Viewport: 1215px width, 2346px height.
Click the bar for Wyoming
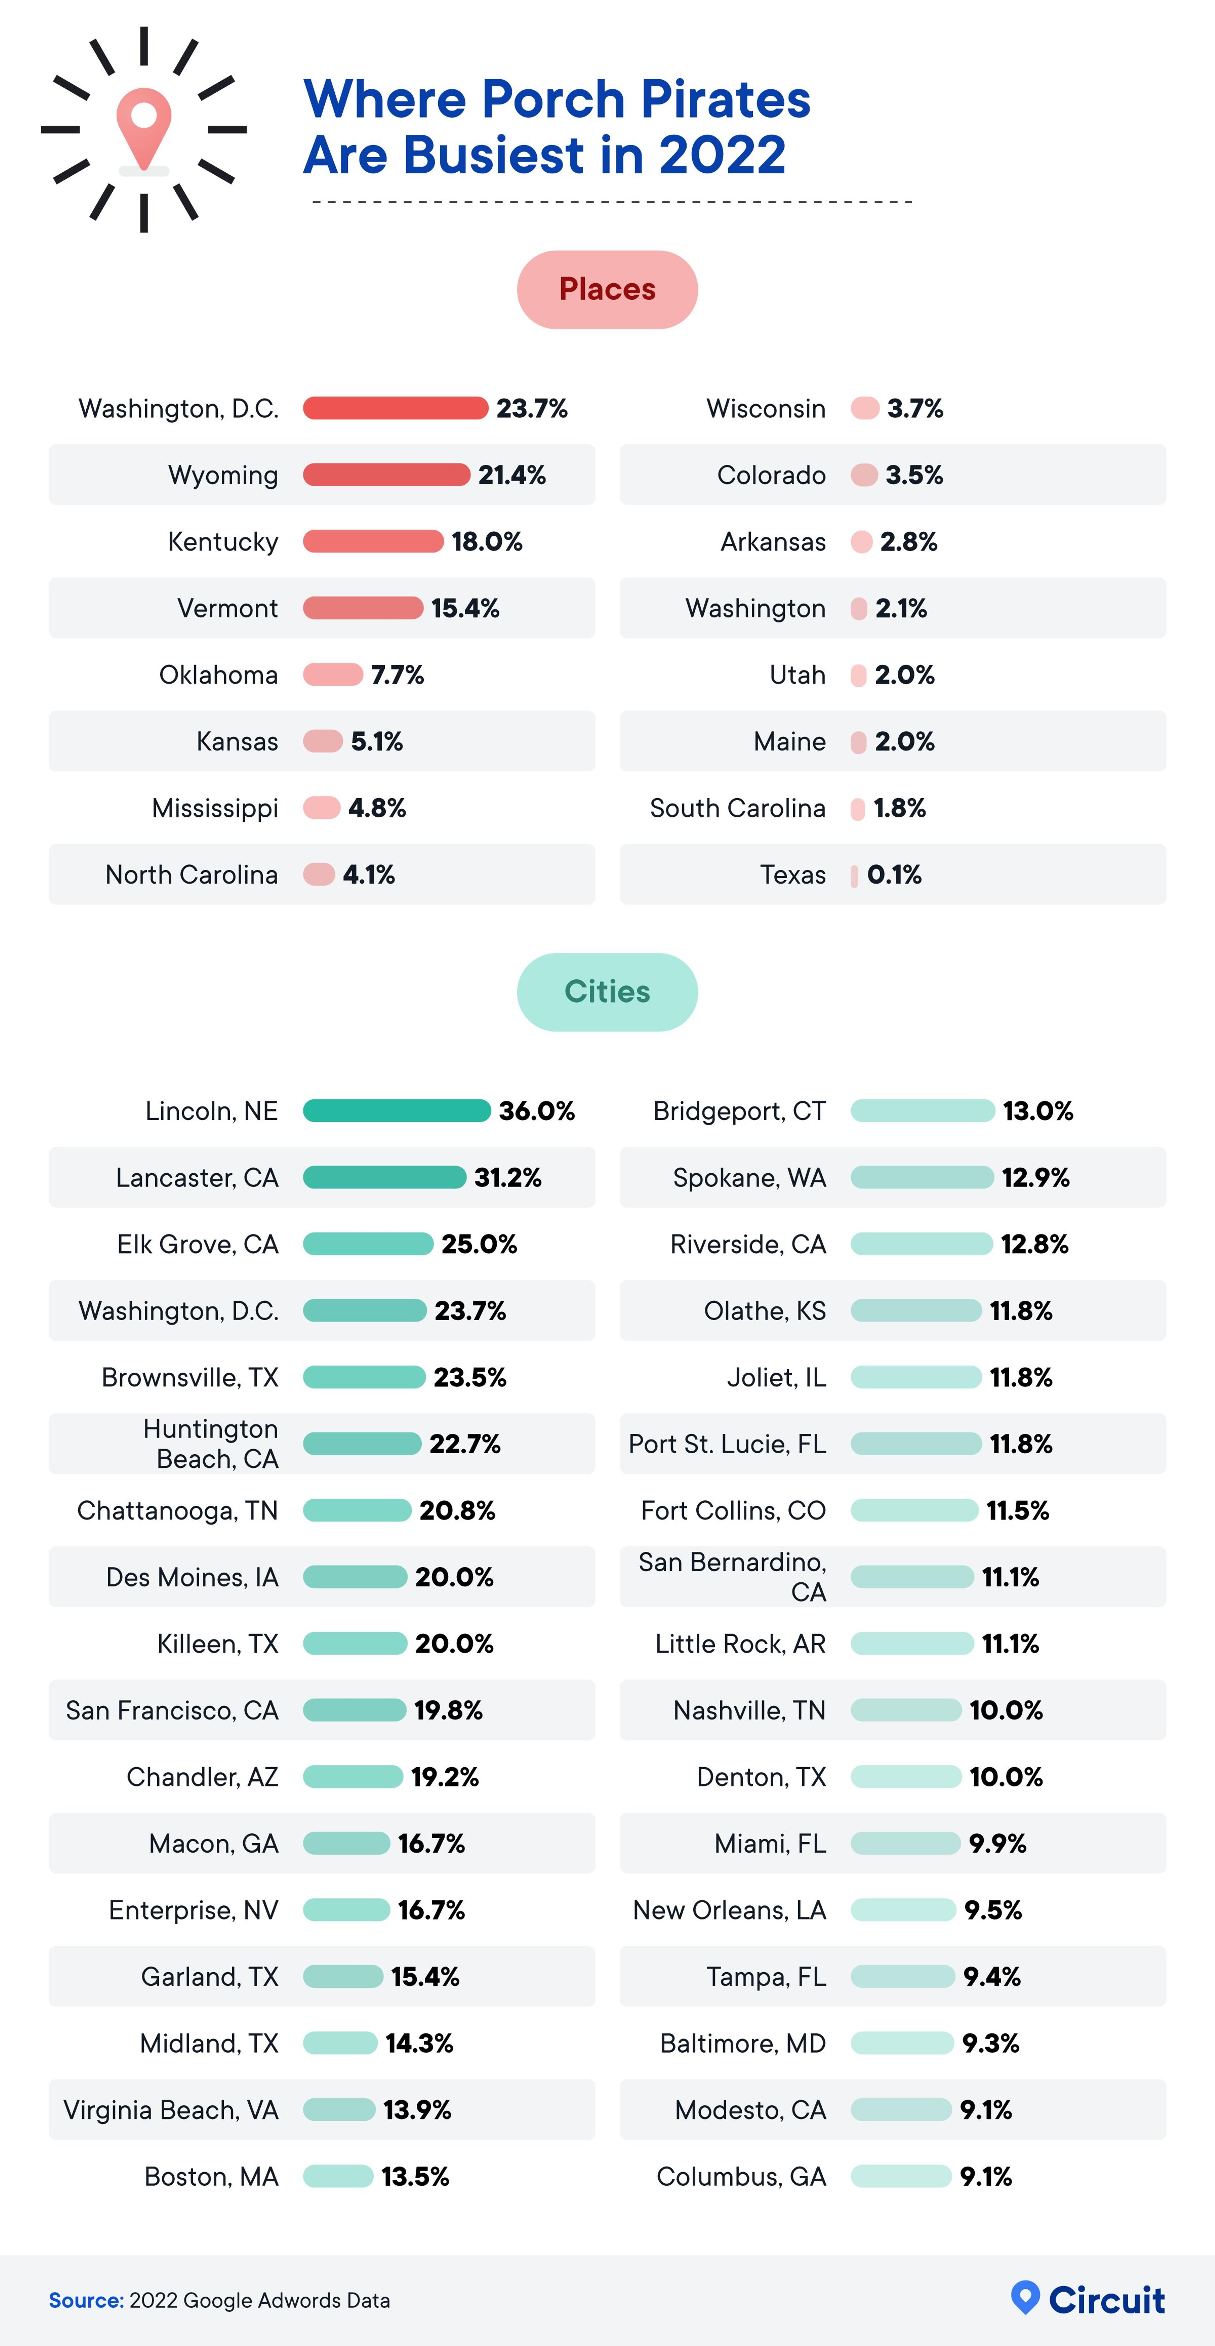click(x=386, y=474)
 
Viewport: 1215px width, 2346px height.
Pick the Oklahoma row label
click(x=219, y=675)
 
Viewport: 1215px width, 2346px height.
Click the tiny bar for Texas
click(x=854, y=875)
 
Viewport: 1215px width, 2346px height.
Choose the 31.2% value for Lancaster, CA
click(x=507, y=1177)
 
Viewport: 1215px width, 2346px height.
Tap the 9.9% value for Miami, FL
click(x=997, y=1843)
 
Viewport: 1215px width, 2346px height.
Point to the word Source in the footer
click(x=85, y=2300)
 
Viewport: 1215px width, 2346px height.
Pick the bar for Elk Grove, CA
click(x=368, y=1244)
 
